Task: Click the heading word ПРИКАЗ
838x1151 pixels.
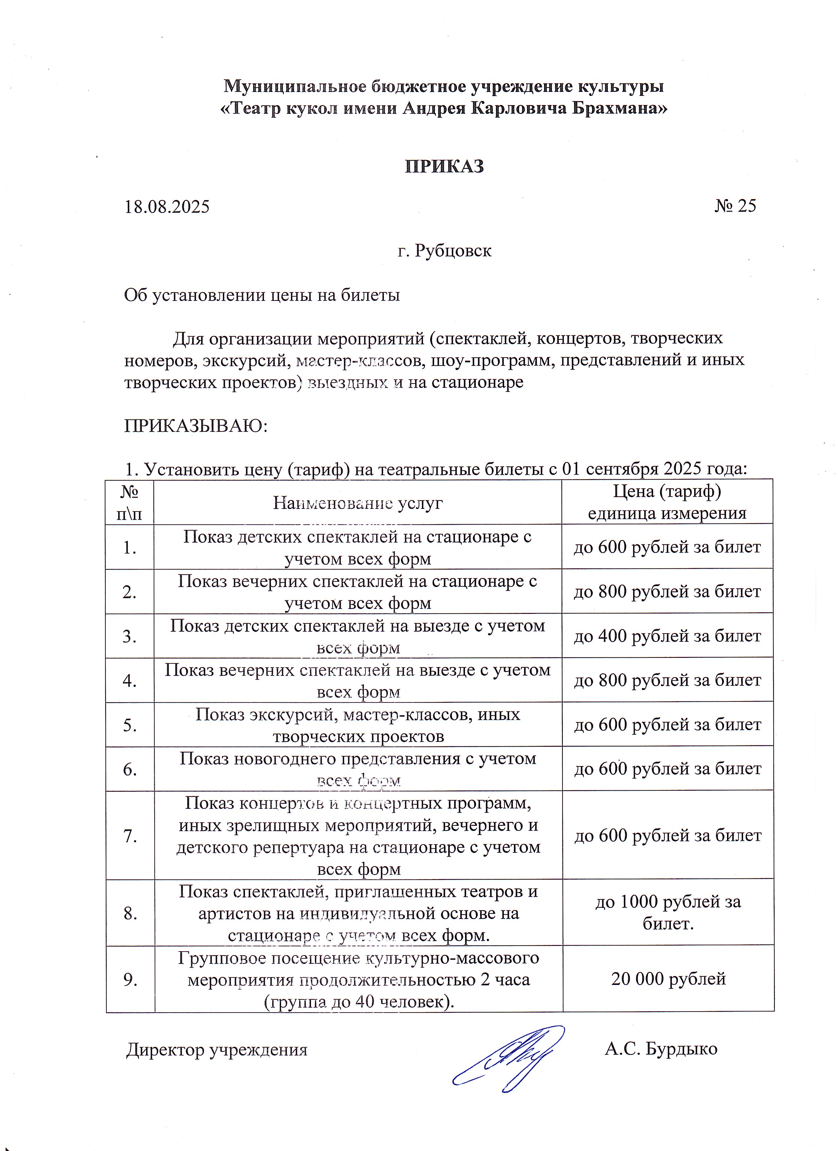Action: click(x=444, y=166)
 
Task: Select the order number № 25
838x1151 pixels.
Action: click(x=736, y=206)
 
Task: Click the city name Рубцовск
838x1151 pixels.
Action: click(x=453, y=251)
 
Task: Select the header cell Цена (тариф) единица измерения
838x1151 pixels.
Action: click(x=667, y=502)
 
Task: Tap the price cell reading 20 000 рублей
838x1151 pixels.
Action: click(x=668, y=978)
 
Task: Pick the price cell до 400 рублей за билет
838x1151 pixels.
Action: click(x=667, y=636)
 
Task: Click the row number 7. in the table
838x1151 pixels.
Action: click(x=130, y=835)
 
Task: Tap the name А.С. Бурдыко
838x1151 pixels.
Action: click(x=661, y=1049)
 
